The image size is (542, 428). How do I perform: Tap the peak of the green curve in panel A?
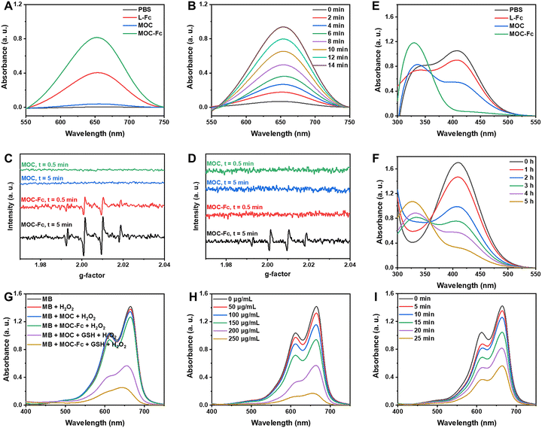(115, 38)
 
